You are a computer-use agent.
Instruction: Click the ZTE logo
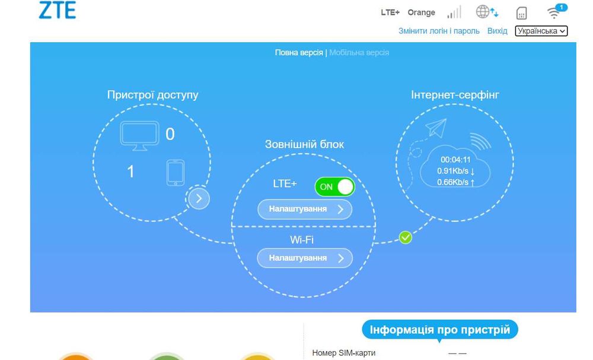tap(58, 9)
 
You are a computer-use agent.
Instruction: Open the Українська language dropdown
tap(541, 31)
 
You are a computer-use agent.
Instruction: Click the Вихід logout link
tap(498, 31)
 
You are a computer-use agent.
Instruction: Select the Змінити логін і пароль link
tap(439, 31)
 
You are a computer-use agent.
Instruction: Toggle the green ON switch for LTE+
tap(334, 187)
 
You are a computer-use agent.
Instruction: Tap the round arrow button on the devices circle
tap(199, 199)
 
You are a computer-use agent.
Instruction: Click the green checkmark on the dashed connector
tap(406, 237)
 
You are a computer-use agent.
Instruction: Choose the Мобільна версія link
tap(359, 53)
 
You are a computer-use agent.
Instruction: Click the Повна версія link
tap(299, 53)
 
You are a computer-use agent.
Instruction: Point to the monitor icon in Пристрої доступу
tap(139, 136)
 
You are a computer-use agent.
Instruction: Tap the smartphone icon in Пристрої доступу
tap(176, 173)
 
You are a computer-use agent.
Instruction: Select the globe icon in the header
tap(483, 12)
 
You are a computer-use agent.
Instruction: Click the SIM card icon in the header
tap(521, 13)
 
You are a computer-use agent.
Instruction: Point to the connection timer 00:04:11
tap(455, 160)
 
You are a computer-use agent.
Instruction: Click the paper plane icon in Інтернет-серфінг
tap(436, 128)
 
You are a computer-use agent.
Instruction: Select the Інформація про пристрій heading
tap(440, 330)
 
